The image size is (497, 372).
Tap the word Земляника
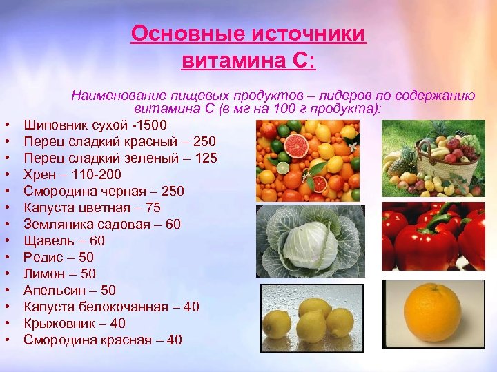tap(56, 224)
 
